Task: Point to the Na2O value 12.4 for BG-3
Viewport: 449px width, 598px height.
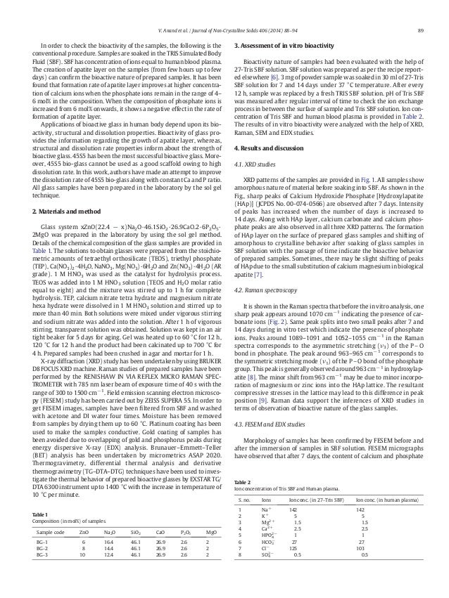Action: tap(108, 560)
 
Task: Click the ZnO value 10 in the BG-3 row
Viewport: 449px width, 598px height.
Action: tap(82, 560)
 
